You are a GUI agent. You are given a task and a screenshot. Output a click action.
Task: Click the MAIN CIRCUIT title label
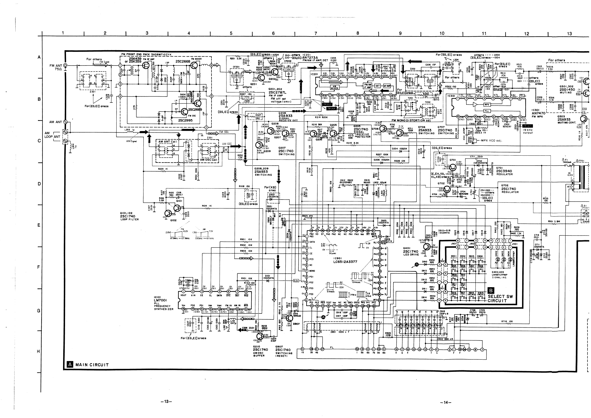pos(92,365)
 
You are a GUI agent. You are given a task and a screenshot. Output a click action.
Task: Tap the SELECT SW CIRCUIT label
pos(500,299)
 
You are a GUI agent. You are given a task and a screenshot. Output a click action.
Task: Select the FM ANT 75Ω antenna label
pos(56,67)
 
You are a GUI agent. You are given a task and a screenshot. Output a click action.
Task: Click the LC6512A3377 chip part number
pos(345,262)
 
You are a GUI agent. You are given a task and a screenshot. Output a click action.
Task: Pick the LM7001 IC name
pos(160,300)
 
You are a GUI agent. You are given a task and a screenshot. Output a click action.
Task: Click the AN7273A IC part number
pos(310,58)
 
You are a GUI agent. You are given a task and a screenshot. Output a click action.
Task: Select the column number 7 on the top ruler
pos(315,33)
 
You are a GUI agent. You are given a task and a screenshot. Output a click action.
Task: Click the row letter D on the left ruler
pos(39,184)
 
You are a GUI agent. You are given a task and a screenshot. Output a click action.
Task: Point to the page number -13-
pos(166,401)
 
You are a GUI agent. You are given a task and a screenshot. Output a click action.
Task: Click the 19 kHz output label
pos(528,131)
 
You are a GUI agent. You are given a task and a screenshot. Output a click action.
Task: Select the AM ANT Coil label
pos(167,141)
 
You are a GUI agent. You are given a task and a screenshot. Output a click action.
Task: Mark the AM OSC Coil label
pos(209,160)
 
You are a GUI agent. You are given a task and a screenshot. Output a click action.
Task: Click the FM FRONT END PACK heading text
pos(146,55)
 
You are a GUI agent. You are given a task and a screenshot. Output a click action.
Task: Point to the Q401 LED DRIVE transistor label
pos(411,251)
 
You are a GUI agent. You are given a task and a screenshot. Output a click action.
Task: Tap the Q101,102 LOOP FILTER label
pos(129,216)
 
